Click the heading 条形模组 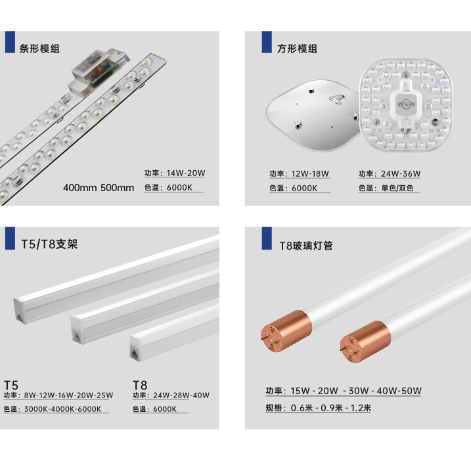pos(39,49)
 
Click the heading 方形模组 pos(297,49)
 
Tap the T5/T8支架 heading pos(49,244)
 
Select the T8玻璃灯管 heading pos(306,246)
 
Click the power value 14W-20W pos(186,173)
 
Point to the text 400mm pos(80,188)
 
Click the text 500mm pos(117,188)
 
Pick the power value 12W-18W pos(310,173)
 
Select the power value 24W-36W pos(401,173)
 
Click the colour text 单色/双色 pos(397,188)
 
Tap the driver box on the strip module pos(99,68)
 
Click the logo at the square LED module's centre pos(405,104)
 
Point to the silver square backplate pos(313,115)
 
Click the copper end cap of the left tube pos(286,330)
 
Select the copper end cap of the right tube pos(365,342)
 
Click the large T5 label pos(11,385)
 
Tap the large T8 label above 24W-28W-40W pos(140,385)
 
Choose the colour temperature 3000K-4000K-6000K pos(63,409)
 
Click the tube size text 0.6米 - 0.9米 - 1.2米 pos(331,408)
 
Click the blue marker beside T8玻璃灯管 pos(267,238)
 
